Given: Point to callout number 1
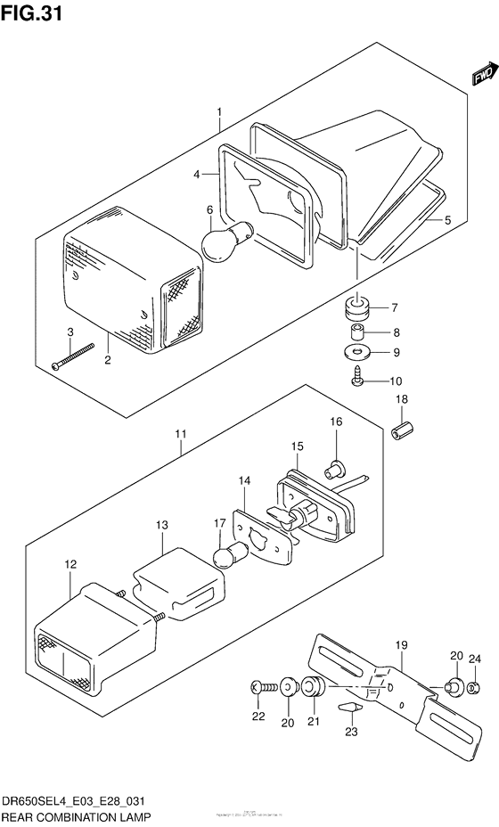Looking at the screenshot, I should click(x=218, y=113).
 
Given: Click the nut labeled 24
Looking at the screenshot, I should click(x=474, y=686).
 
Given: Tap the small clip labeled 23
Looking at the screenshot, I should click(x=350, y=707).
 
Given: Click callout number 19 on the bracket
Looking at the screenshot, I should click(x=400, y=643).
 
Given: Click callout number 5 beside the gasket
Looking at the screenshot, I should click(x=448, y=220).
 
